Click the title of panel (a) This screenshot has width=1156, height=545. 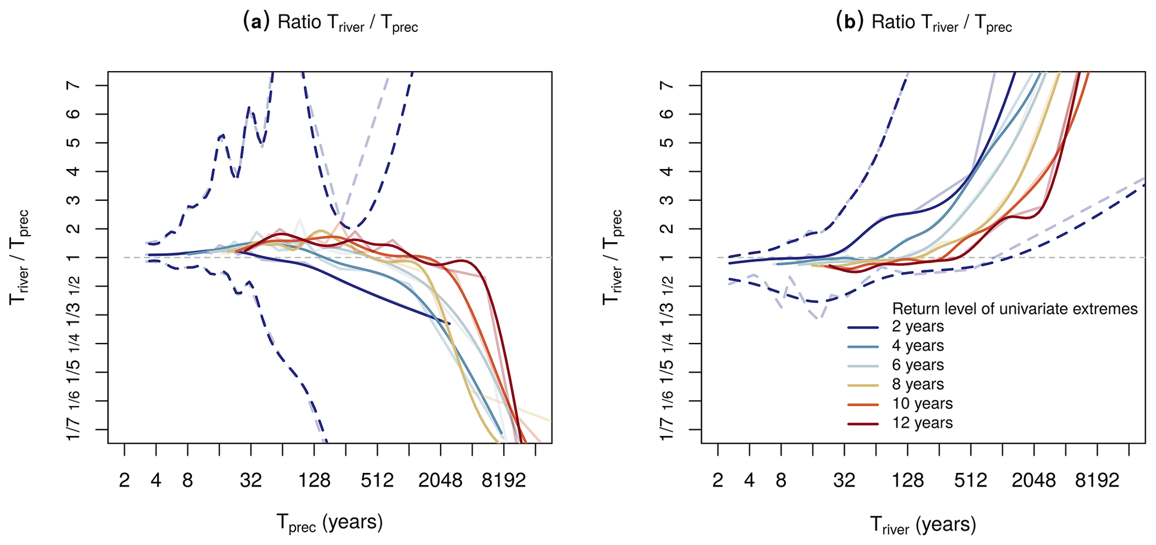(330, 22)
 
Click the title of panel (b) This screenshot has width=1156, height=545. (923, 22)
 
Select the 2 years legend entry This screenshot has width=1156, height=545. (918, 327)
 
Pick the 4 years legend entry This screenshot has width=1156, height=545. (918, 346)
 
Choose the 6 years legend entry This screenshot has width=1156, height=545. (918, 365)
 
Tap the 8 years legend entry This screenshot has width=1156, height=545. (918, 384)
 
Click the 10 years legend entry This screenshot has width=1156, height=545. (922, 403)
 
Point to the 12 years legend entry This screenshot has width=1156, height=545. (922, 423)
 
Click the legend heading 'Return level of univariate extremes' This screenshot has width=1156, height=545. (1015, 309)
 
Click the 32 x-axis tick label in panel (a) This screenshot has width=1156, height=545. (251, 481)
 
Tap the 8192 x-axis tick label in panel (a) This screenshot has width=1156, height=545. (504, 481)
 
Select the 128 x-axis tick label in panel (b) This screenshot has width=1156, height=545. (908, 481)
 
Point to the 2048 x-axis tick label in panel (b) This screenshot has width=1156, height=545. (1034, 481)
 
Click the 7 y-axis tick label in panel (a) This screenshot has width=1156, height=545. (74, 85)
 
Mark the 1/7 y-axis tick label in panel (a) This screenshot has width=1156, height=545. (74, 429)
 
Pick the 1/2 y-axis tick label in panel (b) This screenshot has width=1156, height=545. (668, 286)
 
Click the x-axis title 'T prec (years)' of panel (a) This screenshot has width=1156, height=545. (330, 523)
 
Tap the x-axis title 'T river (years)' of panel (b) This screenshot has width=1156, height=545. (923, 525)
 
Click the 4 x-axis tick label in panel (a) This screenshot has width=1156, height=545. (155, 481)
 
